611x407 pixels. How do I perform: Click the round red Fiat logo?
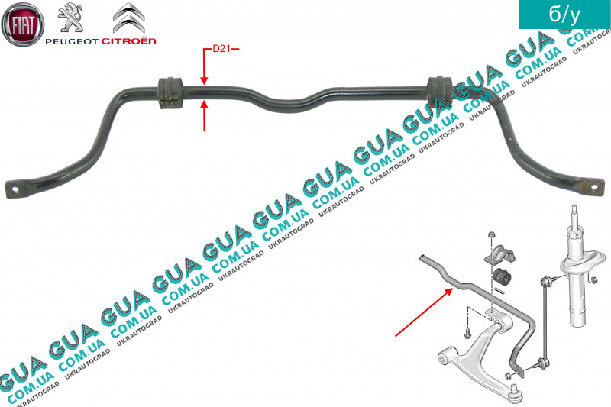(x=23, y=24)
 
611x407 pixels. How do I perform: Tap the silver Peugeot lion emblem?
(x=70, y=18)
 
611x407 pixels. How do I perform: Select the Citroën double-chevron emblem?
(x=129, y=18)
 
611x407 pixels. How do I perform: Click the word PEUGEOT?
(x=72, y=41)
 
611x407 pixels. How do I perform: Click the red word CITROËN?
(x=129, y=40)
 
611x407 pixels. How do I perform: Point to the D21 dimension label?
(x=221, y=49)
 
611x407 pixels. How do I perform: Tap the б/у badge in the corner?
(x=564, y=15)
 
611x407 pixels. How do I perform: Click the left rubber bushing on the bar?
(x=170, y=93)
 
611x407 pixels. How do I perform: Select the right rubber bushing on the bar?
(x=440, y=92)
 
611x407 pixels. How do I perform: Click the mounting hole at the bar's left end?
(x=15, y=189)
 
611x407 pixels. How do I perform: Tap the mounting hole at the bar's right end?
(x=595, y=188)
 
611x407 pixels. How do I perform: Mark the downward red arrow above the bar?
(x=204, y=66)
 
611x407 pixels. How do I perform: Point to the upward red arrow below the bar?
(x=204, y=115)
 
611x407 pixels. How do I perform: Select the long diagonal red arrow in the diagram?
(x=424, y=312)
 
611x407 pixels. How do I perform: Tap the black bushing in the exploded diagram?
(x=502, y=276)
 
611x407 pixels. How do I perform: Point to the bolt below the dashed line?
(x=467, y=332)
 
